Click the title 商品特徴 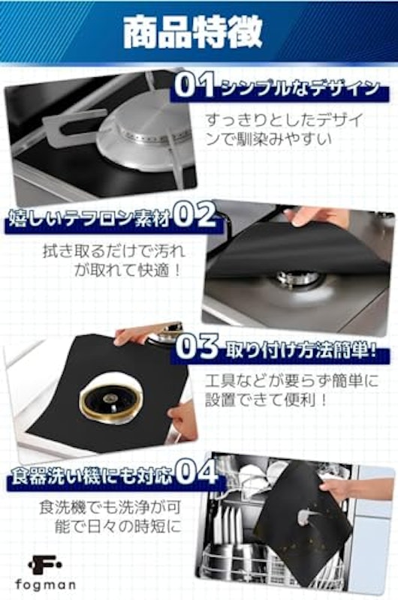tap(193, 32)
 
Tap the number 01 tap(194, 85)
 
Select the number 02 tap(194, 214)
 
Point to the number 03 tap(197, 346)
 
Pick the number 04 tap(197, 474)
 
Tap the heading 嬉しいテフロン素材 tap(89, 220)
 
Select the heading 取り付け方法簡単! tap(300, 351)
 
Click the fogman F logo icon tap(45, 565)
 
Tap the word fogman tap(45, 585)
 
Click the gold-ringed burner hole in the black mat tap(111, 399)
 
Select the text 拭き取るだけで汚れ tap(114, 251)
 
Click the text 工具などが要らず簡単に tap(291, 381)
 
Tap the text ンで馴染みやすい tap(269, 139)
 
